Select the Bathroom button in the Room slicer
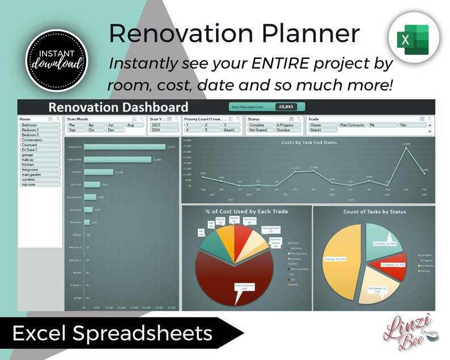(x=40, y=125)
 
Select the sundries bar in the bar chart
(x=99, y=172)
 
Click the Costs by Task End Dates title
(x=309, y=142)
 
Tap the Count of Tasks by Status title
(x=374, y=212)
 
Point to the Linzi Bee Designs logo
(x=400, y=332)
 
